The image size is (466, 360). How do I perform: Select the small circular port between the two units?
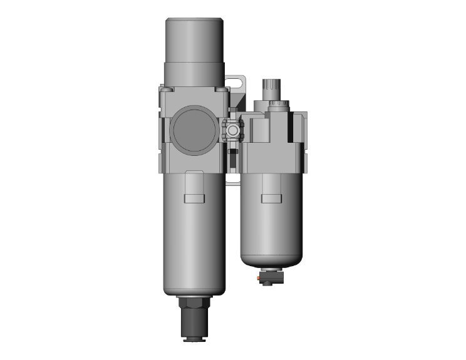click(x=233, y=131)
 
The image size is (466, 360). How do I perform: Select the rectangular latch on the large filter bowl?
click(x=194, y=198)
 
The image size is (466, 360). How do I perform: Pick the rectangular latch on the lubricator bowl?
click(x=271, y=199)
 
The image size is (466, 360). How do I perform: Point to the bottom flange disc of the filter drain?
click(x=194, y=339)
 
